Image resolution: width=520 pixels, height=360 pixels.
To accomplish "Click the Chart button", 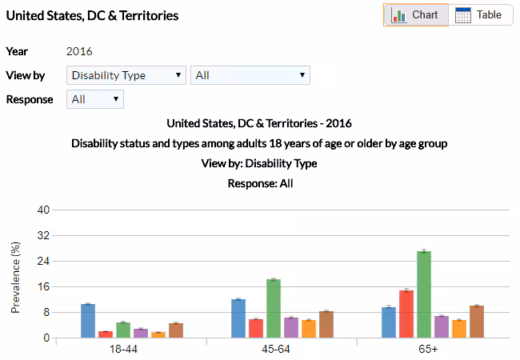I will [415, 15].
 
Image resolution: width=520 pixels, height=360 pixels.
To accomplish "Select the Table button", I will [479, 15].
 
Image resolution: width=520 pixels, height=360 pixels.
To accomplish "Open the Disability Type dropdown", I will [126, 75].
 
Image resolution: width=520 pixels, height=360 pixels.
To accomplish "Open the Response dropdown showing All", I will [94, 99].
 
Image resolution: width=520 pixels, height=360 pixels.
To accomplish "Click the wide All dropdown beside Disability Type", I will [250, 75].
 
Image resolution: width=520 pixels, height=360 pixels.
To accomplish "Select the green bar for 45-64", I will [274, 309].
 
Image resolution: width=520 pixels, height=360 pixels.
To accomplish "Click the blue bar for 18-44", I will [88, 321].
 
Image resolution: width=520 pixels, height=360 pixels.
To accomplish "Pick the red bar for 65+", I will [406, 314].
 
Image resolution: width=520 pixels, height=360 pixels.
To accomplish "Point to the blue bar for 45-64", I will [238, 318].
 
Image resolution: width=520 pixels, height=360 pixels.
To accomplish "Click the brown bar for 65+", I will [477, 322].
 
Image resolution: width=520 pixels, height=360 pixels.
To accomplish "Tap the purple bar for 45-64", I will [291, 327].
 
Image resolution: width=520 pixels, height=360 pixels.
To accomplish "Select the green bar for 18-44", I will [123, 330].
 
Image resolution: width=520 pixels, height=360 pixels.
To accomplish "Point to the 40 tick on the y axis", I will [43, 210].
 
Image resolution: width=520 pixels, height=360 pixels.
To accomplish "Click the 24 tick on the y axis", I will [43, 261].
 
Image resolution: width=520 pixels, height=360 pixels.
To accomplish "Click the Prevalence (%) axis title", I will [15, 277].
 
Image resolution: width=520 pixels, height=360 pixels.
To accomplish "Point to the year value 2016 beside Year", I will [79, 51].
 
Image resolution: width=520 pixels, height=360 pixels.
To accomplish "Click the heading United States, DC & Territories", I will [92, 15].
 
